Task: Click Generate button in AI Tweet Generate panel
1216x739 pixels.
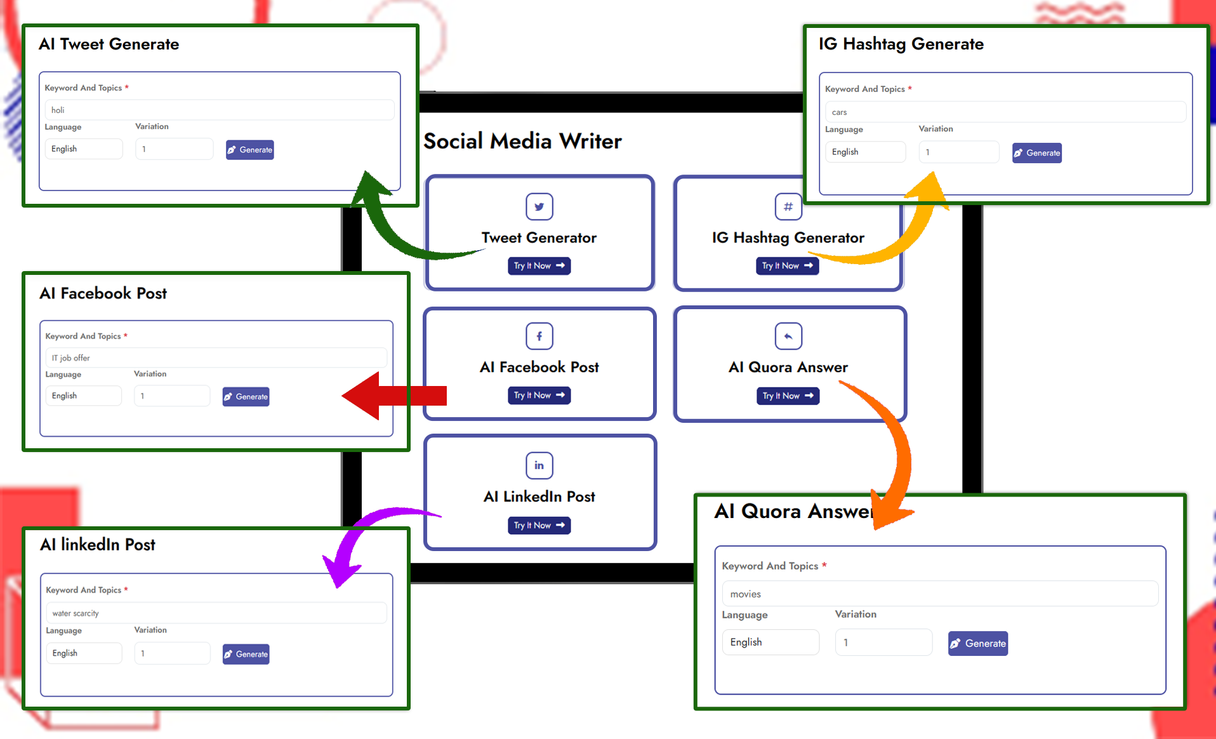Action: pos(250,150)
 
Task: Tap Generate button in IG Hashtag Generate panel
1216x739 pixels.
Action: pos(1036,153)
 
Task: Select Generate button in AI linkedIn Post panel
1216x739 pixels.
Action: pos(246,654)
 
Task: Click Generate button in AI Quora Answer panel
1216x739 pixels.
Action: pos(977,643)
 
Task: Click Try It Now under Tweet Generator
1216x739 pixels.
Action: pos(539,266)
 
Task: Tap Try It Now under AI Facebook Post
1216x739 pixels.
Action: pos(539,396)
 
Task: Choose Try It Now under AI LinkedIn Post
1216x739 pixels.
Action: pos(539,526)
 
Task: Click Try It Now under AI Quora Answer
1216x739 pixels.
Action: pos(788,396)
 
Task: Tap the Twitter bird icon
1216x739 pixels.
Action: pos(539,206)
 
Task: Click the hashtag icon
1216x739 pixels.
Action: pos(788,206)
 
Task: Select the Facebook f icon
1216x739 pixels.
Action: pos(539,336)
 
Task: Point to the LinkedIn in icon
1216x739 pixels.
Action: pos(539,465)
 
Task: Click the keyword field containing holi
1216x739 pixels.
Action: pos(219,110)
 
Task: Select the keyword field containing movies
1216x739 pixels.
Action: pos(939,594)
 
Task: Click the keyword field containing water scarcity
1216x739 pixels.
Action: pos(216,613)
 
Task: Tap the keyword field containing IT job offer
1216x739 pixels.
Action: pos(216,358)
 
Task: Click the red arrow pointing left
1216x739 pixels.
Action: pos(393,396)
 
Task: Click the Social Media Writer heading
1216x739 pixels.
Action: pos(522,141)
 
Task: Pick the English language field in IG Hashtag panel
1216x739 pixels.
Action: pos(864,152)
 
